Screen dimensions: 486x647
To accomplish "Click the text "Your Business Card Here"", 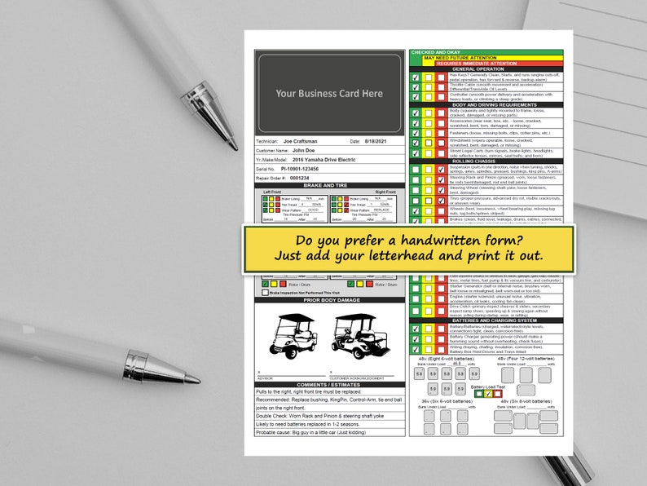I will click(x=328, y=94).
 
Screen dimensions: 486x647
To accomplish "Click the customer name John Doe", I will click(x=303, y=151).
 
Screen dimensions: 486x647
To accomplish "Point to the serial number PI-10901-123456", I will click(x=309, y=169).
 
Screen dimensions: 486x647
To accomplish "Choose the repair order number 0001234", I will click(x=299, y=178).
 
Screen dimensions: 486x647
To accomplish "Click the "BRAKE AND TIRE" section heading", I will click(x=329, y=186).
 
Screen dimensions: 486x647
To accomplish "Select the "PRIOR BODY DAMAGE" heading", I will click(x=329, y=300).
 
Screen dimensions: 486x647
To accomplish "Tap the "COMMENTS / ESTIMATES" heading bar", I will click(x=329, y=384).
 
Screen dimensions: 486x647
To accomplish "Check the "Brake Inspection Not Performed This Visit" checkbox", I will click(x=266, y=292).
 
